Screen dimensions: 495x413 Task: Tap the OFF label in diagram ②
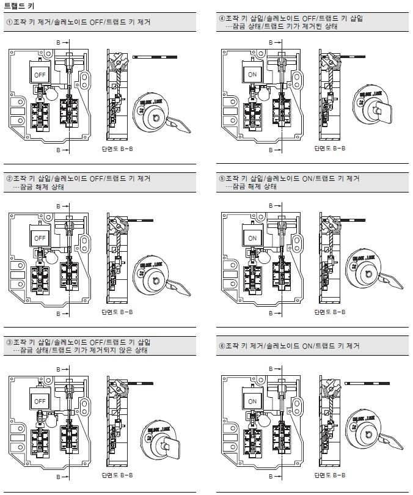tap(40, 238)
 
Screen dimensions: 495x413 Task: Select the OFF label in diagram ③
tap(40, 402)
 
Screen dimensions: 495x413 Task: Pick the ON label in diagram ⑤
tap(253, 238)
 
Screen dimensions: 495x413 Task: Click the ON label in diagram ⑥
tap(253, 402)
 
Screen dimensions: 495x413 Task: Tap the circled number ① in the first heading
tap(9, 22)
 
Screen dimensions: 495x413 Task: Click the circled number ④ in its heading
tap(222, 18)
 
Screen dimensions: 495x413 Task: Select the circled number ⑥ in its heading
tap(222, 346)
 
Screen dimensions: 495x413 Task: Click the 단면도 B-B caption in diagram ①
tap(117, 148)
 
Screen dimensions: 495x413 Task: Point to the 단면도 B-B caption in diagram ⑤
tap(329, 312)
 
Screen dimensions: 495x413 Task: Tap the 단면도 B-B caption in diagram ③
tap(117, 475)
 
